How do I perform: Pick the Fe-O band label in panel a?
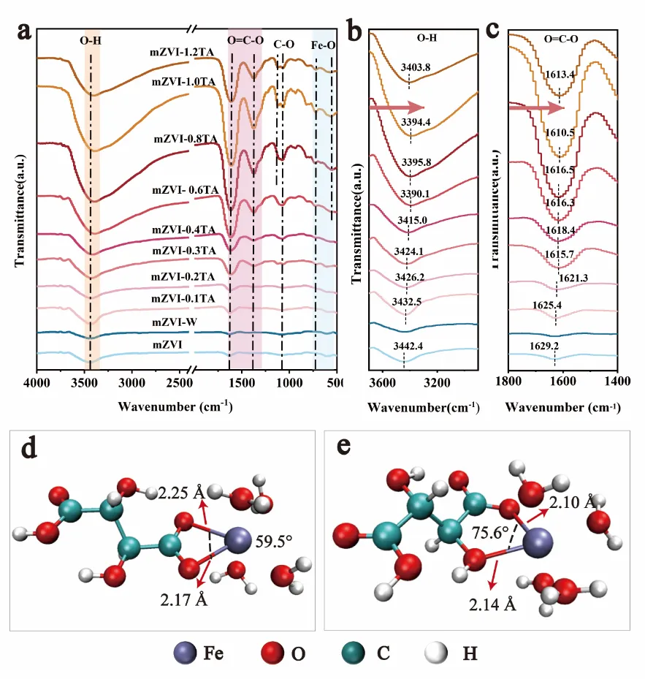[324, 45]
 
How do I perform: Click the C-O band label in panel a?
[283, 45]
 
